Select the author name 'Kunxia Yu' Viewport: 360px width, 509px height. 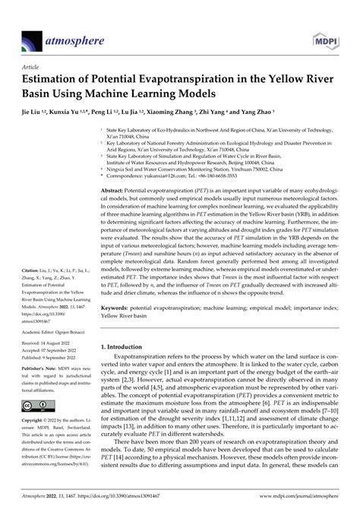tap(65, 111)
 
